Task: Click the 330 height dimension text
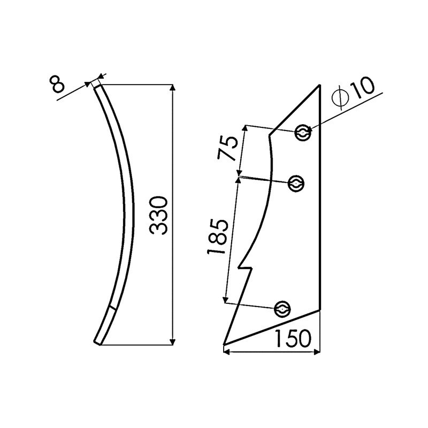tap(160, 215)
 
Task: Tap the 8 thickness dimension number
tap(58, 85)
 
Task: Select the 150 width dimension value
tap(293, 339)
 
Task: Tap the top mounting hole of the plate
tap(303, 133)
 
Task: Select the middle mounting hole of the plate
tap(296, 184)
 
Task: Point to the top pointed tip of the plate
tap(320, 86)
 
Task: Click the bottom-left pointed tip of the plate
tap(225, 344)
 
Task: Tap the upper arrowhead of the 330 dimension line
tap(172, 88)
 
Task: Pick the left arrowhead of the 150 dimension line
tap(226, 351)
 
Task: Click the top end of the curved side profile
tap(96, 84)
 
